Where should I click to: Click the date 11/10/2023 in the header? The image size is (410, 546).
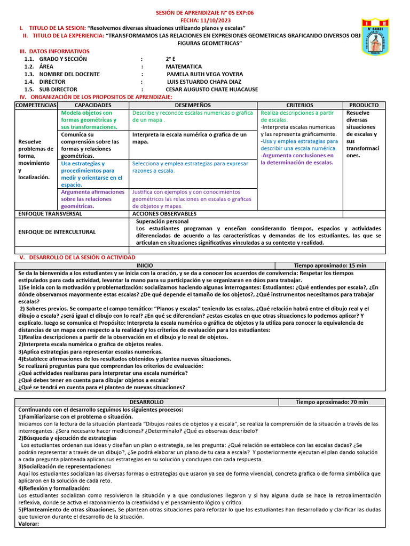pyautogui.click(x=205, y=20)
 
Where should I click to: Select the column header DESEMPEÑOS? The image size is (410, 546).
pyautogui.click(x=193, y=106)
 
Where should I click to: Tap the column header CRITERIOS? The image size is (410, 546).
pyautogui.click(x=299, y=106)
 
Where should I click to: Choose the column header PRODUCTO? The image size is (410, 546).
pyautogui.click(x=364, y=106)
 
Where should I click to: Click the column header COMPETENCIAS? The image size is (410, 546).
pyautogui.click(x=36, y=106)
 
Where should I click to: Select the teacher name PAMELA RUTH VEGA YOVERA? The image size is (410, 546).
pyautogui.click(x=204, y=74)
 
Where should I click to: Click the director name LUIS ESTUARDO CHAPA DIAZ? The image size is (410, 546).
pyautogui.click(x=204, y=82)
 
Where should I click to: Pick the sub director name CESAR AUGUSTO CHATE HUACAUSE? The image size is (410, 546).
pyautogui.click(x=212, y=90)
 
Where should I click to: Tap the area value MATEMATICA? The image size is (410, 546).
pyautogui.click(x=184, y=67)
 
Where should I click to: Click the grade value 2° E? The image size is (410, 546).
pyautogui.click(x=171, y=59)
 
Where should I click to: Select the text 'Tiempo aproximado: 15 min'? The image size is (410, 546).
pyautogui.click(x=330, y=265)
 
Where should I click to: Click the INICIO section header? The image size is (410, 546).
pyautogui.click(x=144, y=265)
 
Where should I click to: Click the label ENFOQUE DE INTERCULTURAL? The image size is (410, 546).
pyautogui.click(x=57, y=232)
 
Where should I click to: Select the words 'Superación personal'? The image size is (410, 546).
pyautogui.click(x=162, y=221)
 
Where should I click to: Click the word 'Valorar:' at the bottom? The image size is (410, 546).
pyautogui.click(x=29, y=524)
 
